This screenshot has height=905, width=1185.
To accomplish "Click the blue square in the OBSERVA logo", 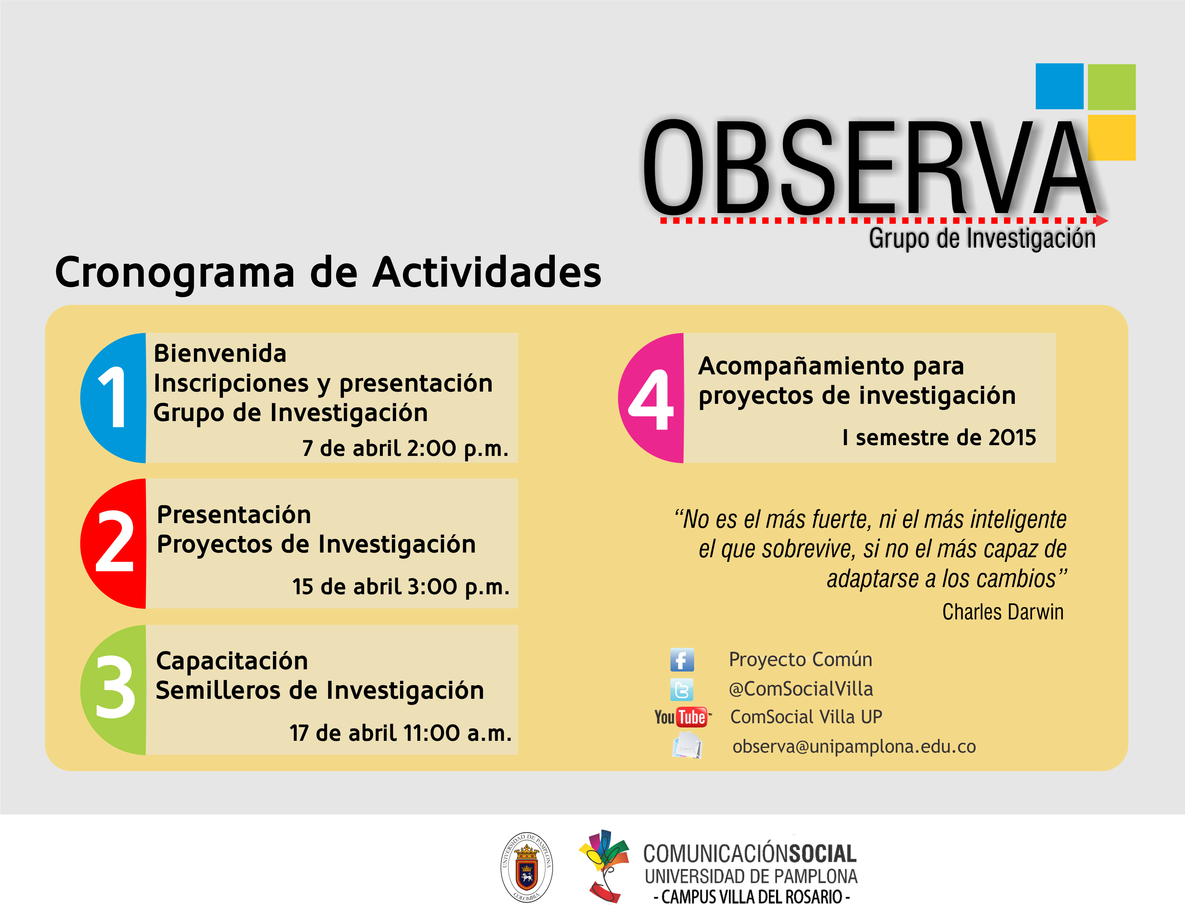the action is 1059,86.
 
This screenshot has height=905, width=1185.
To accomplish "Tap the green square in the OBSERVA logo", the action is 1111,87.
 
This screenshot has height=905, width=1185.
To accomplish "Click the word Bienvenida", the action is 220,354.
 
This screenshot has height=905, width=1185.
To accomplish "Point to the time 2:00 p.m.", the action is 457,448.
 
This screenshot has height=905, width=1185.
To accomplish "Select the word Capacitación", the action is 232,661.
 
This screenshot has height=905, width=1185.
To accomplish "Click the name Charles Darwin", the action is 1003,612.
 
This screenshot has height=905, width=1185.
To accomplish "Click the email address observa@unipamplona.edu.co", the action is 854,747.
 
